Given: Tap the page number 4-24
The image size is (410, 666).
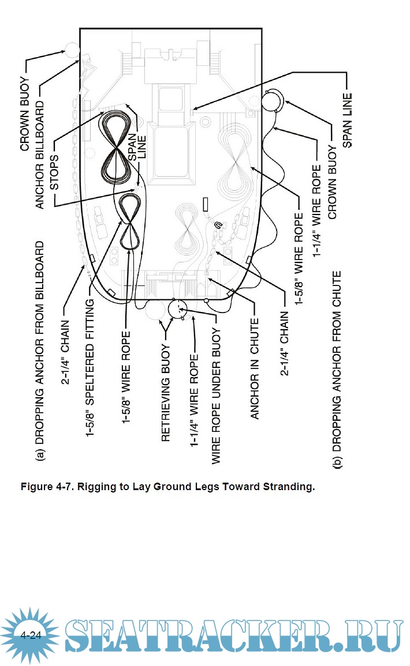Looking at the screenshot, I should (30, 635).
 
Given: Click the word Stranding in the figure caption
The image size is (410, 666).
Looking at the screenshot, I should (288, 487).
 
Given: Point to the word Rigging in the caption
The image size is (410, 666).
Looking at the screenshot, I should (96, 487).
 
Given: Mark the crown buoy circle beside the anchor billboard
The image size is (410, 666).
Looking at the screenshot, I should (71, 50).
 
